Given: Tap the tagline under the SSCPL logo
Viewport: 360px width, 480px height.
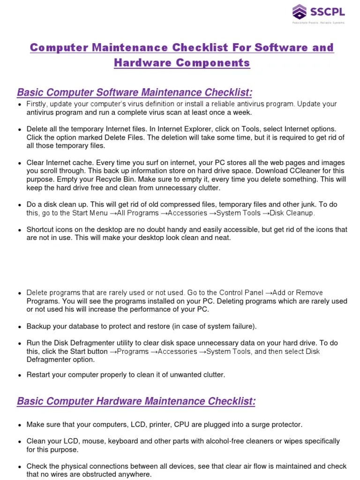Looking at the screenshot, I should click(318, 22).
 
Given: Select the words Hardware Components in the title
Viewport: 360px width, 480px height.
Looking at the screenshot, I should click(182, 63).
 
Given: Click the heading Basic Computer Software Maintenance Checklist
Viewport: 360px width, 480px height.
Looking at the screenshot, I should click(135, 92).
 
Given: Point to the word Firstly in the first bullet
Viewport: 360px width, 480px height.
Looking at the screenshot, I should click(37, 104).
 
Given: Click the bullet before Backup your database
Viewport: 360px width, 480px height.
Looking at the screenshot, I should click(19, 327).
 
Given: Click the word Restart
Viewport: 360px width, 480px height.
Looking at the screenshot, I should click(39, 375).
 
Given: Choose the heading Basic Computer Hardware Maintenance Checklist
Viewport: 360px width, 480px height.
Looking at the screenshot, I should click(136, 401).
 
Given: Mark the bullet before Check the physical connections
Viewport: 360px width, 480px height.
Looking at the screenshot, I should click(19, 467).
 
